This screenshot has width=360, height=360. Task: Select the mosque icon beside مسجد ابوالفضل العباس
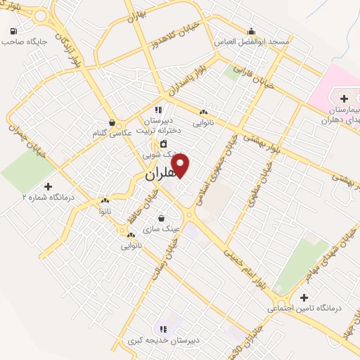[x=251, y=30]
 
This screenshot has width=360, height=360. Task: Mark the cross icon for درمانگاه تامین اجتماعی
[x=304, y=297]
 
